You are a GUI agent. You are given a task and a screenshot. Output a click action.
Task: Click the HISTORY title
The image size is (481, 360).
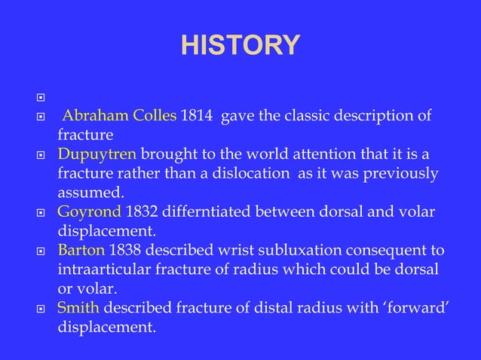[x=240, y=44]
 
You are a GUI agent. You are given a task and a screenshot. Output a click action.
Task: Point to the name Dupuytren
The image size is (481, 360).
[x=97, y=154]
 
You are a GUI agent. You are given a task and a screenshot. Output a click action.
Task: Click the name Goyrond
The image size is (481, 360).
[x=90, y=212]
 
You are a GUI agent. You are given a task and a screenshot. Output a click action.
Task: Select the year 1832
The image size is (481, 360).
[x=143, y=212]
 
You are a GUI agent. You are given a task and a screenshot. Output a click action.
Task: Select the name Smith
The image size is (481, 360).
[x=78, y=307]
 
